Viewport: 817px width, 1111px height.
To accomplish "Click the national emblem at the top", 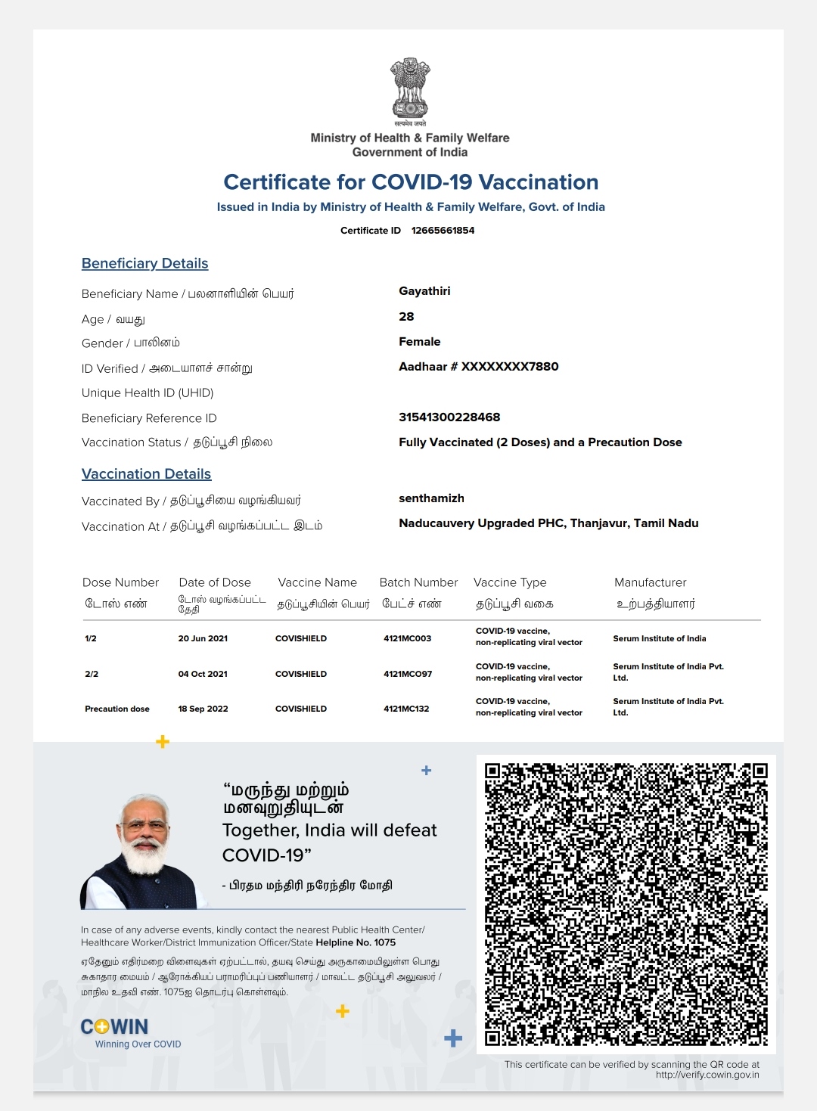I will (409, 88).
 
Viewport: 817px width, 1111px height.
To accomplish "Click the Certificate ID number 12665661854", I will (443, 231).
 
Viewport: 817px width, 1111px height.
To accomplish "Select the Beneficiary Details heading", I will (144, 263).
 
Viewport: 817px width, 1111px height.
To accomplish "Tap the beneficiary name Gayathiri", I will (424, 291).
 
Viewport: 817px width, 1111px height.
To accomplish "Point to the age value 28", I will (406, 317).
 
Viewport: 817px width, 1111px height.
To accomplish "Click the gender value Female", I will (419, 342).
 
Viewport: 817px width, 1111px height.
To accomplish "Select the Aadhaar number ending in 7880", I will (478, 367).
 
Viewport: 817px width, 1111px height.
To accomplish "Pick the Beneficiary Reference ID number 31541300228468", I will (449, 417).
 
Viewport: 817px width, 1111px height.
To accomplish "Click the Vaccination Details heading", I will (146, 474).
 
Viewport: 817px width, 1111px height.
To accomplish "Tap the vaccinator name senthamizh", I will (431, 498).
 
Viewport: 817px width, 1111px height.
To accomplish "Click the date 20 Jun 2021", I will (203, 638).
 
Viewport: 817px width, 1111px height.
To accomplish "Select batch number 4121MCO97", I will (408, 674).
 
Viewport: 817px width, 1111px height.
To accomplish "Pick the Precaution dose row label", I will (117, 709).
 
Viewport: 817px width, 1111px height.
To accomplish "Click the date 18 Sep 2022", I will (203, 709).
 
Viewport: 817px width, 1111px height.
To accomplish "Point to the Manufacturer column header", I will (650, 582).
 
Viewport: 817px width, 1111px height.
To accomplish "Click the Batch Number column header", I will (418, 582).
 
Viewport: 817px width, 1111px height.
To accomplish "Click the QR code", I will (626, 904).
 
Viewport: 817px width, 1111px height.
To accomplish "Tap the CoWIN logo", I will (115, 1027).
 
